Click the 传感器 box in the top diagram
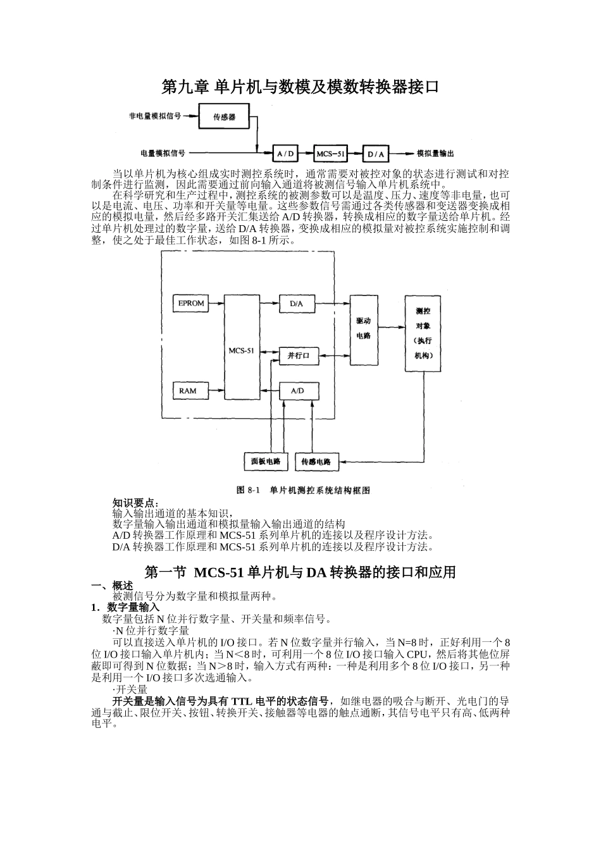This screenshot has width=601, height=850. tap(224, 118)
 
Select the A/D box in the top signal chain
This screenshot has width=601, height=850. tap(286, 154)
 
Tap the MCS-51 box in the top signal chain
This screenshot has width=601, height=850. tap(331, 154)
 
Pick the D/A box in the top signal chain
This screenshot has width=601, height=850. tap(376, 154)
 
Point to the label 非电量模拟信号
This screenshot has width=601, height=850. tap(155, 116)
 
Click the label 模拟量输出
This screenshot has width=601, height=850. tap(435, 154)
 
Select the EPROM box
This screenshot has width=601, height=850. tap(190, 304)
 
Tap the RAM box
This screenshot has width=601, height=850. tap(188, 391)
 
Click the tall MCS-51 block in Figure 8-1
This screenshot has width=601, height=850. tap(241, 347)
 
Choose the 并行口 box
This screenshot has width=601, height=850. tap(298, 356)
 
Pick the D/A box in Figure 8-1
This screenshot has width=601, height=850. tap(297, 304)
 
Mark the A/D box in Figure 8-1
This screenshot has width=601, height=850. tap(297, 391)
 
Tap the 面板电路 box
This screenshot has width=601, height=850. tap(266, 461)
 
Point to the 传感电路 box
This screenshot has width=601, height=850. tap(316, 461)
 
